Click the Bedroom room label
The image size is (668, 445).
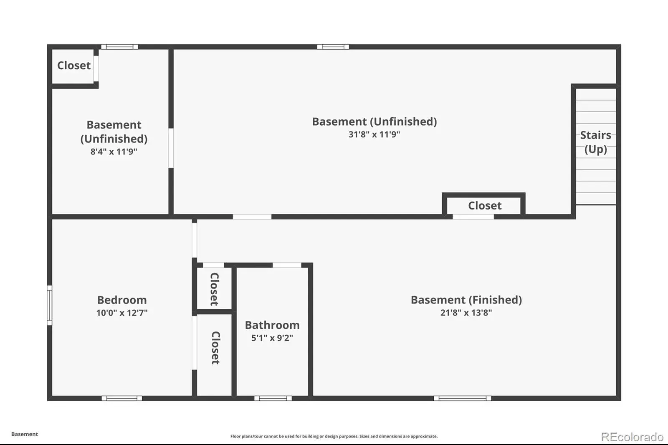[x=121, y=300]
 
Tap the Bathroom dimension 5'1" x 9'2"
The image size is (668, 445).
[x=272, y=338]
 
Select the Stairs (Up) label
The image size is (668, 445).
[x=595, y=142]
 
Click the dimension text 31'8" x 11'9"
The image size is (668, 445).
[x=374, y=134]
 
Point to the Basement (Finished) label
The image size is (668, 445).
[x=466, y=300]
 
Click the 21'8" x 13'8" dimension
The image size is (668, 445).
[x=466, y=313]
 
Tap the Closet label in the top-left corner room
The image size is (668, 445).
[x=74, y=65]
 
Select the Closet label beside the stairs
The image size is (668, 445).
[x=485, y=205]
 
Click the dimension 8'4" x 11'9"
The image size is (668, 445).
[x=114, y=152]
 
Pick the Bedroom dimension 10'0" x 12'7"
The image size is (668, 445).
[x=121, y=313]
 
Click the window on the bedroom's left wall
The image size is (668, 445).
[x=50, y=305]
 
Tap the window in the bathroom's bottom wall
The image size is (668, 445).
[x=273, y=398]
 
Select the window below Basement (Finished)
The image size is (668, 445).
[x=462, y=398]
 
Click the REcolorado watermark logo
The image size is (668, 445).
[x=632, y=437]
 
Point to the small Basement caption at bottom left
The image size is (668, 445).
[x=25, y=434]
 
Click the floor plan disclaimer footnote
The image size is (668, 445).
[x=334, y=436]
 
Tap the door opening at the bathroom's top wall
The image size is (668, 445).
[x=287, y=265]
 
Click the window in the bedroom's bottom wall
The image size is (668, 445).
[x=121, y=398]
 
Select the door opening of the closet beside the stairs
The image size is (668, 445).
[x=473, y=217]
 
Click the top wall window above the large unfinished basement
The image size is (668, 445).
[x=333, y=47]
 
